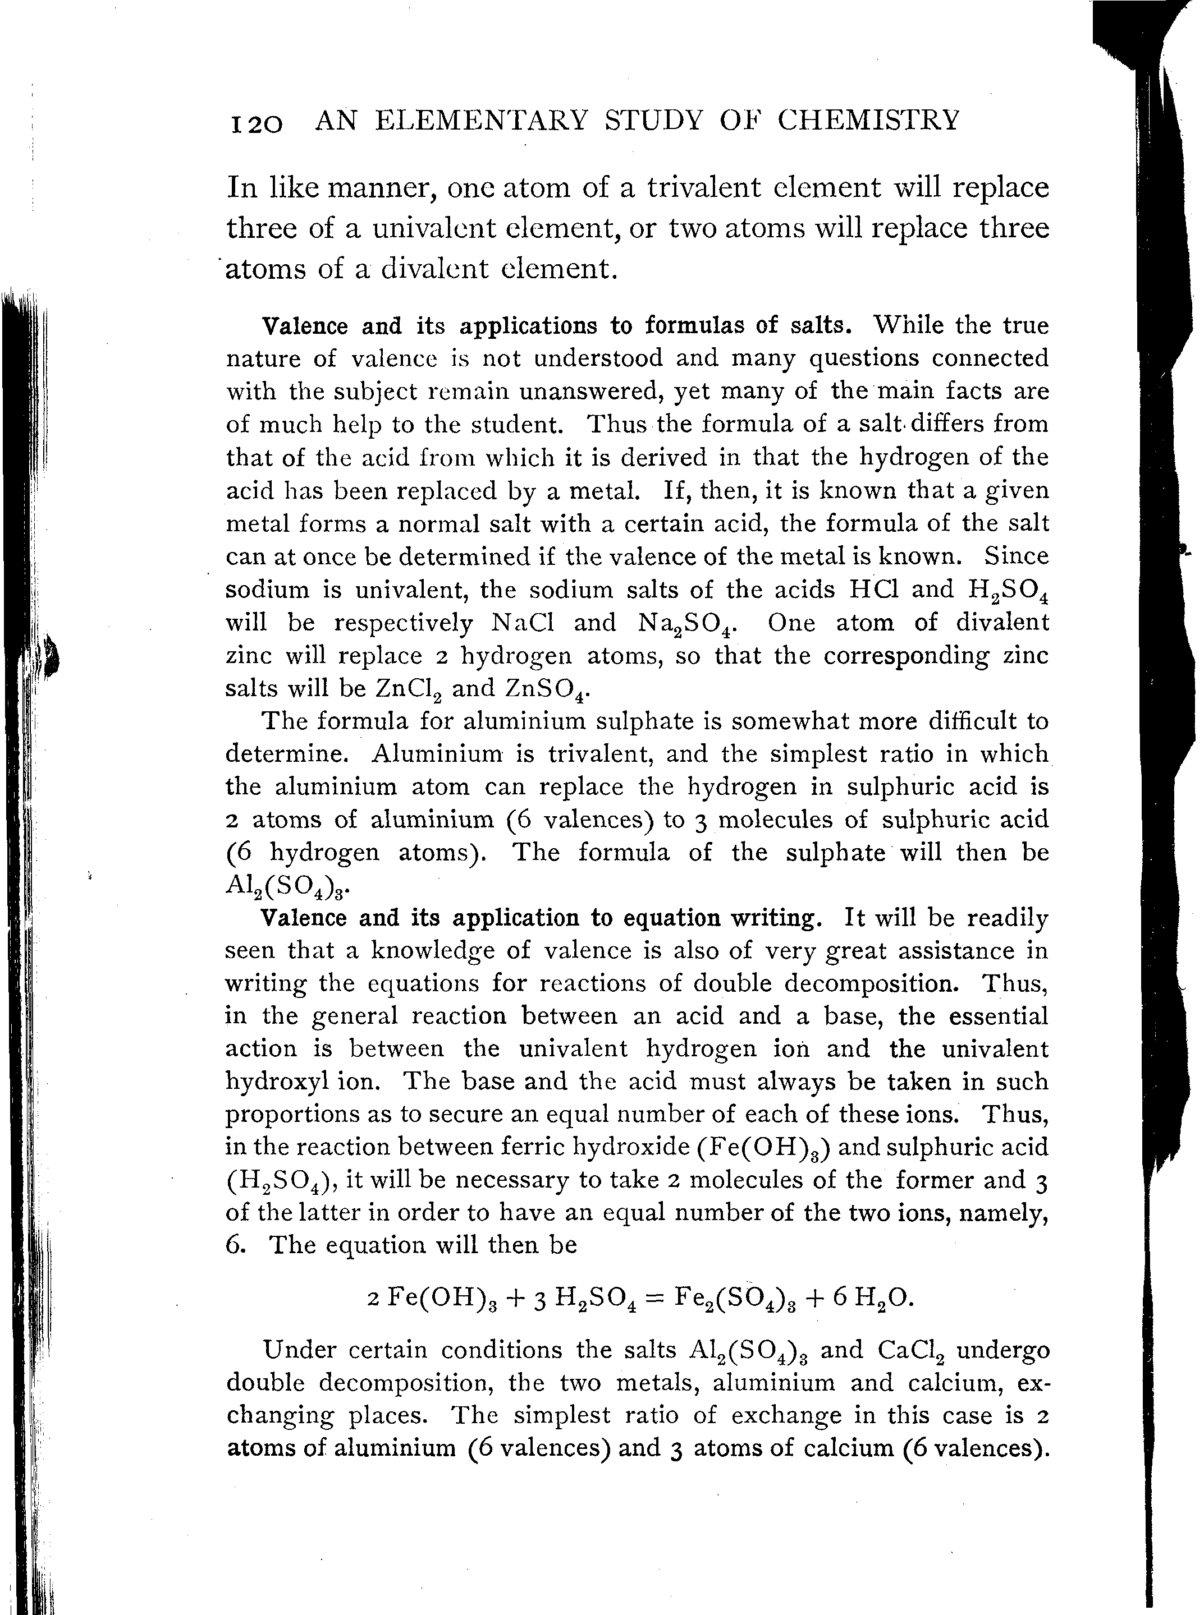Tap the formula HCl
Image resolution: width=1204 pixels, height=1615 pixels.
(x=871, y=590)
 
